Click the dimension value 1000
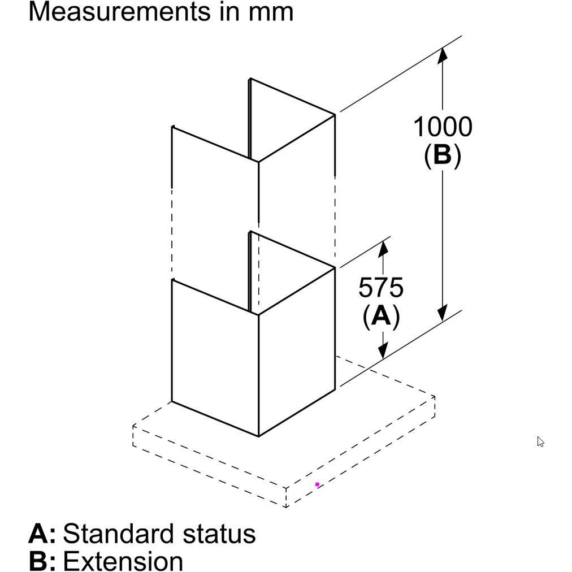pos(443,127)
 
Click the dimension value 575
pos(381,288)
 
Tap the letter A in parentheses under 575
pos(381,317)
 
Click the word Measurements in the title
pos(116,11)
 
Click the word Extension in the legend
pos(123,561)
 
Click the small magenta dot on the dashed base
pos(317,484)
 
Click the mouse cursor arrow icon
pos(540,441)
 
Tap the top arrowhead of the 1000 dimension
pos(443,55)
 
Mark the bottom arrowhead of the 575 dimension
pos(383,351)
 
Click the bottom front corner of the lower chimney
pos(259,436)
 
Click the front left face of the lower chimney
pos(215,356)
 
